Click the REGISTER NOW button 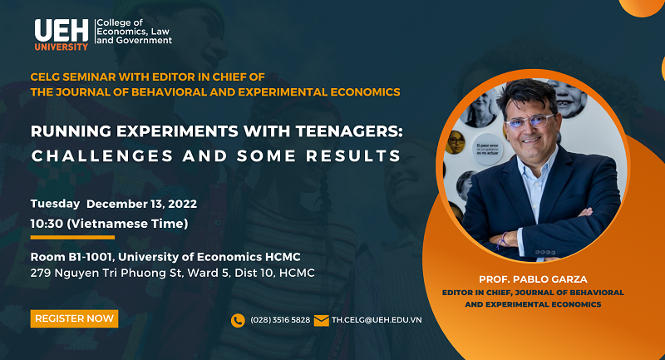(74, 318)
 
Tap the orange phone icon (238, 321)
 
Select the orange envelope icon (322, 321)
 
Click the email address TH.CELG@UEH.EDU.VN (377, 320)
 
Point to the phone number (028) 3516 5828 (280, 320)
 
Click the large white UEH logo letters (62, 31)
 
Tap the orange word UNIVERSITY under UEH (61, 47)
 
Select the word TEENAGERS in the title (349, 131)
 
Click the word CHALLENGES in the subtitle (102, 156)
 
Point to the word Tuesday (55, 204)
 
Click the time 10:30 (47, 224)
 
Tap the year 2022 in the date (182, 204)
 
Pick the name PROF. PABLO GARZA (533, 279)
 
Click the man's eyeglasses (530, 121)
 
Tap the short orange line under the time (72, 238)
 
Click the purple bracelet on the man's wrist (503, 240)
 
